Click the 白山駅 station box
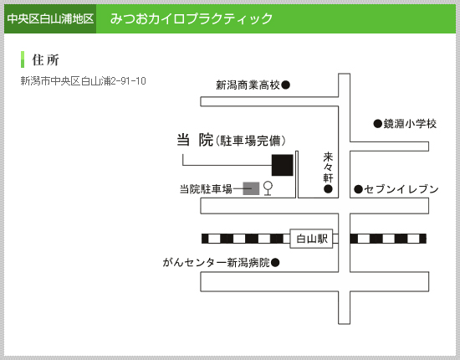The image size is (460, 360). (x=311, y=239)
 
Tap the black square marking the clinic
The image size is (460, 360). (x=282, y=165)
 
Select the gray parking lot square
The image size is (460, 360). (x=251, y=188)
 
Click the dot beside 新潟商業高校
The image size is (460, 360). (x=286, y=85)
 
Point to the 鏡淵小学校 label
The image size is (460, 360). (x=410, y=124)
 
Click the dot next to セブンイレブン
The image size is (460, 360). (x=359, y=189)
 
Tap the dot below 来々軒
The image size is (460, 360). (x=328, y=189)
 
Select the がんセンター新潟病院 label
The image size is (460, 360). (x=217, y=262)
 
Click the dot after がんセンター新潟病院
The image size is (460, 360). (x=275, y=262)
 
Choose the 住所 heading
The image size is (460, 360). (x=45, y=60)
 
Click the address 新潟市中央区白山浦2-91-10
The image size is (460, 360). (x=83, y=80)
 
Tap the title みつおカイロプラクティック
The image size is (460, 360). (x=192, y=18)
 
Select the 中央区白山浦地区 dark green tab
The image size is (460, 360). (x=50, y=18)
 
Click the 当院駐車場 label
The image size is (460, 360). (x=206, y=189)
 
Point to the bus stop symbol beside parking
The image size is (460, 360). (x=268, y=188)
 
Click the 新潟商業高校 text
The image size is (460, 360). (x=248, y=85)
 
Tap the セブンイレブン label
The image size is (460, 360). (x=401, y=189)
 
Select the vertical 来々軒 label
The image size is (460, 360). (x=328, y=167)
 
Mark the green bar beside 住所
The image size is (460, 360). (x=23, y=59)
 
